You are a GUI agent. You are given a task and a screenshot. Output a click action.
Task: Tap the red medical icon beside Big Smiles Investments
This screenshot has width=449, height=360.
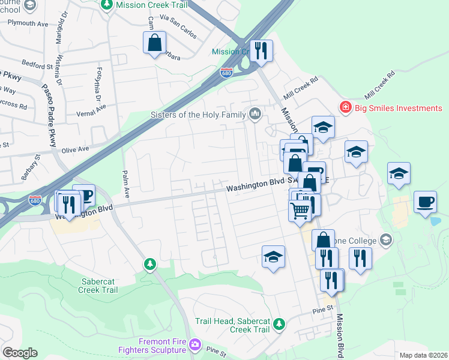[x=345, y=108]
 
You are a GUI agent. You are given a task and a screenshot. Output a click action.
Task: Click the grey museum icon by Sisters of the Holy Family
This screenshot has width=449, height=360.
[x=255, y=114]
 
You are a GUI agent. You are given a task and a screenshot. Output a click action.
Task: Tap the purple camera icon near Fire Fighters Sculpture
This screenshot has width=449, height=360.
[x=194, y=344]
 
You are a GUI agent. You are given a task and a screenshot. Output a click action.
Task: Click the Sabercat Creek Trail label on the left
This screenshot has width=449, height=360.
[x=100, y=284]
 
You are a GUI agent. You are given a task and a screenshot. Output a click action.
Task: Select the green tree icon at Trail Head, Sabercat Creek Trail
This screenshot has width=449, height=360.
[x=279, y=325]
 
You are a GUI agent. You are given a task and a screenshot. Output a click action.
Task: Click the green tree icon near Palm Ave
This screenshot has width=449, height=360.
[x=149, y=264]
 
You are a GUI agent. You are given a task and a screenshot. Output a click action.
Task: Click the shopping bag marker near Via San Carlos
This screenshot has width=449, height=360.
[x=154, y=43]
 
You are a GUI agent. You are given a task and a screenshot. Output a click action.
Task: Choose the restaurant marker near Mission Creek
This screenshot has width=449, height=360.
[x=261, y=50]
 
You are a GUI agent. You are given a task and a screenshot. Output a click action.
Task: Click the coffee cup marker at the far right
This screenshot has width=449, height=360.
[x=426, y=203]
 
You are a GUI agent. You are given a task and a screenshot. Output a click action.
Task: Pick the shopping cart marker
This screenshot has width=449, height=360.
[x=300, y=210]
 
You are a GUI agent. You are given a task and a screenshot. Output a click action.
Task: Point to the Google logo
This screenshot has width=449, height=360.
[x=20, y=353]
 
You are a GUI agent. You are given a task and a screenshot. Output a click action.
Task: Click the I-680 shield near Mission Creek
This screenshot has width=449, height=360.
[x=226, y=73]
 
